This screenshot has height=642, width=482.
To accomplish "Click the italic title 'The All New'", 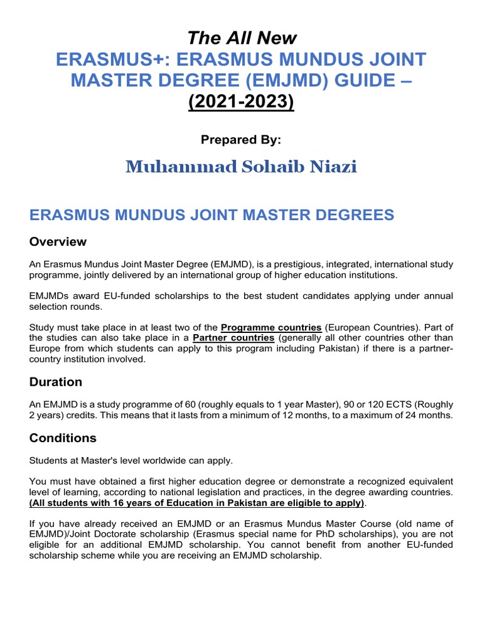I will (x=241, y=38).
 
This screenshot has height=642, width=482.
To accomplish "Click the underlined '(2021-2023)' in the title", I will (x=241, y=102).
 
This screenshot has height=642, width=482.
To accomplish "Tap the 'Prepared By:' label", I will (x=241, y=140).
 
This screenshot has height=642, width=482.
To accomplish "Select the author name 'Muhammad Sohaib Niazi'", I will (x=241, y=167).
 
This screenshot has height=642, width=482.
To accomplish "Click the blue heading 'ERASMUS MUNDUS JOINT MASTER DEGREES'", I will (x=212, y=215).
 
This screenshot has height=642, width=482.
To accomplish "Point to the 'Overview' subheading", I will (x=58, y=242).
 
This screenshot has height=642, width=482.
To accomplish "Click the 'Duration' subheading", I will (x=56, y=382).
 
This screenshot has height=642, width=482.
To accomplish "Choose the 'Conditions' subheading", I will (x=63, y=438).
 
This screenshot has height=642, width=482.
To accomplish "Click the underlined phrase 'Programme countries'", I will (x=271, y=328).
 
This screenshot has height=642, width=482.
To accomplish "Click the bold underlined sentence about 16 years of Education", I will (x=196, y=503).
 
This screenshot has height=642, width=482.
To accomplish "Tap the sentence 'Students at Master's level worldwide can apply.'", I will (x=131, y=461).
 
